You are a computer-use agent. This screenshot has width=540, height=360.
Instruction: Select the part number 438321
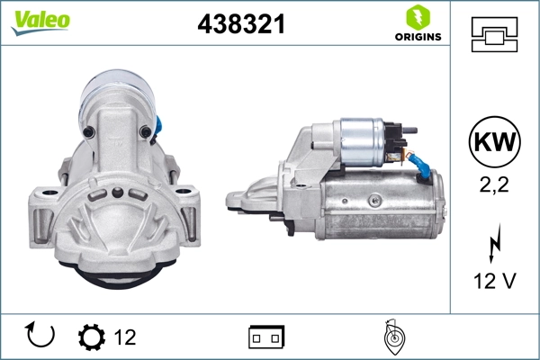tap(241, 25)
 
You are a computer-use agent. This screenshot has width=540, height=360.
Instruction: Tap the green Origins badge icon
tap(417, 16)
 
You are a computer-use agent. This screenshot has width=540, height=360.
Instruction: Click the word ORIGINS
tap(418, 37)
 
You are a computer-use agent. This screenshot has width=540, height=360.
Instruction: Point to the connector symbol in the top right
tap(494, 32)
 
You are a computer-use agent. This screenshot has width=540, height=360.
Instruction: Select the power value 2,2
tap(494, 185)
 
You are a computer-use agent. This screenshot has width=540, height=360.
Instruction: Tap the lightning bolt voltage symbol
tap(494, 245)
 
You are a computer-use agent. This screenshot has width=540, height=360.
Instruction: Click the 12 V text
tap(494, 282)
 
